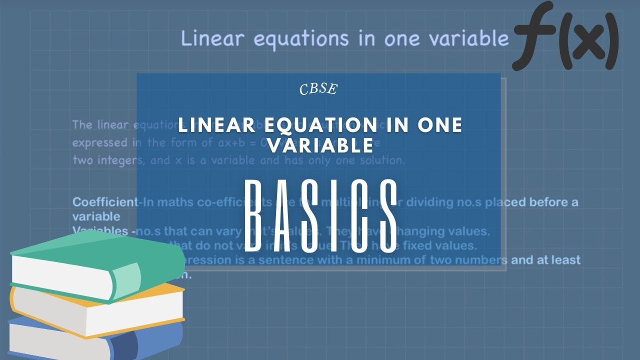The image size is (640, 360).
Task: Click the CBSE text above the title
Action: (x=318, y=89)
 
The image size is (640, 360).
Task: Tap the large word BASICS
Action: (x=320, y=216)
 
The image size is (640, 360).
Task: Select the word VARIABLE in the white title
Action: (x=320, y=145)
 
